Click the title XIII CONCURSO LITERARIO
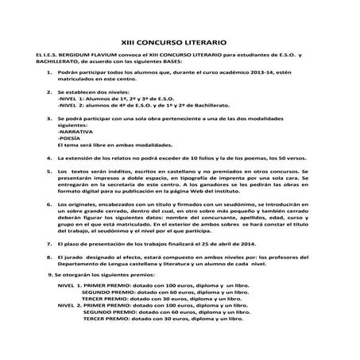[x=180, y=38]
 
